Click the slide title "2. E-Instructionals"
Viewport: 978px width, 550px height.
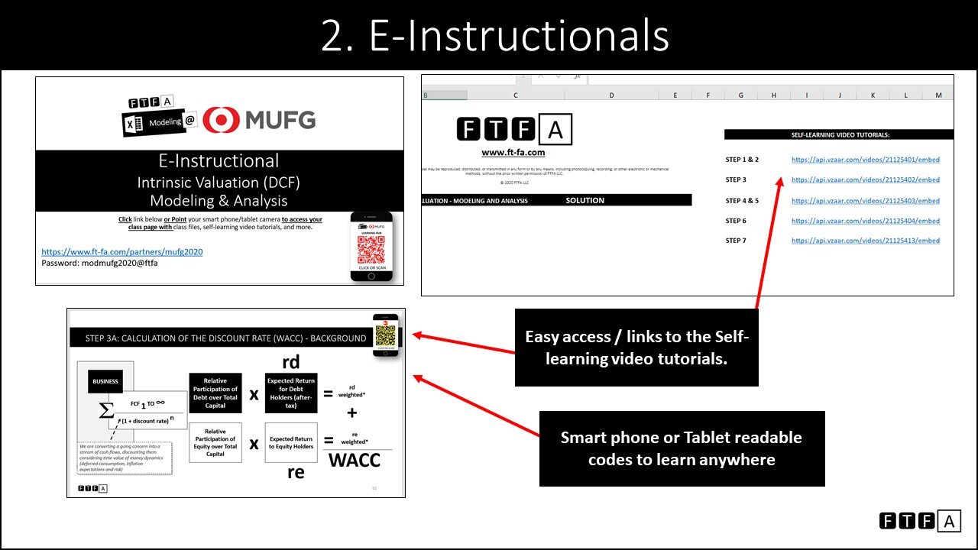tap(494, 36)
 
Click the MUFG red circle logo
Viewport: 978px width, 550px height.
tap(226, 119)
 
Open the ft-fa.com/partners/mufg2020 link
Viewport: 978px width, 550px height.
tap(121, 251)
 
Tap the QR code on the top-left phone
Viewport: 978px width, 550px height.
tap(371, 250)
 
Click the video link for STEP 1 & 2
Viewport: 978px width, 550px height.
tap(865, 160)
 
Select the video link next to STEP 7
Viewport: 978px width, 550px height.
tap(865, 241)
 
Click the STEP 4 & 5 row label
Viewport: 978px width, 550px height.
tap(742, 201)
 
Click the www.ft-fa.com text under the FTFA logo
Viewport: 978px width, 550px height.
tap(513, 153)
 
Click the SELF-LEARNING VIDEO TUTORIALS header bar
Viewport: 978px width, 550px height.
tap(839, 134)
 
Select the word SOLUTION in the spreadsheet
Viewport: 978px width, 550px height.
tap(585, 200)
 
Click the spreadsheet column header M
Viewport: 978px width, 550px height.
tap(938, 95)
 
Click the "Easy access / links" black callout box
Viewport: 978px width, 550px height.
tap(636, 348)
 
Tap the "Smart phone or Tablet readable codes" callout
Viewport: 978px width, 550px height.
tap(681, 448)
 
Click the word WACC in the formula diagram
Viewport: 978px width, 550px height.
tap(354, 461)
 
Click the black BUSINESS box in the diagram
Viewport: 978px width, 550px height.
tap(105, 380)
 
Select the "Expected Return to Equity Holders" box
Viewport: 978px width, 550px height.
tap(290, 443)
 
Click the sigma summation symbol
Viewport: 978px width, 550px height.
tap(106, 411)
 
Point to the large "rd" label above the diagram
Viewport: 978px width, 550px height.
tap(290, 363)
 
